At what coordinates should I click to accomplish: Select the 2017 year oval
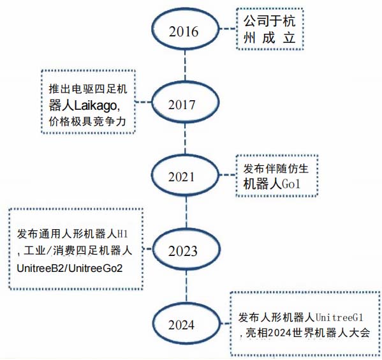point(185,82)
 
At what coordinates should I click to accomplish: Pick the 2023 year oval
point(186,230)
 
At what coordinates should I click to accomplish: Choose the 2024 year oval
point(186,303)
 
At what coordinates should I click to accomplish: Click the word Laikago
point(96,106)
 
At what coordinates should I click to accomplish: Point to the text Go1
point(291,184)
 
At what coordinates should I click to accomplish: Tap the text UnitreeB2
point(40,268)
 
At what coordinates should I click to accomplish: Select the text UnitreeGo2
point(95,268)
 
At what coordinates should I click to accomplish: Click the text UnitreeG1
point(340,318)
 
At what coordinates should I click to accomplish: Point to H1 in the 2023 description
point(122,234)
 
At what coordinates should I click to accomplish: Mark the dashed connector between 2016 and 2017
point(185,66)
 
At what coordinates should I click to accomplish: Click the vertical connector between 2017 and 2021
point(185,139)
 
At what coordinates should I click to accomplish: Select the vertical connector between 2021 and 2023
point(186,212)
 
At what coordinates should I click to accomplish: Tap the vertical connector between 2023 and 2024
point(186,286)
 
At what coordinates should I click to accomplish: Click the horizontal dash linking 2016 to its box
point(228,29)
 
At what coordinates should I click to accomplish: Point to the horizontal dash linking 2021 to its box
point(228,175)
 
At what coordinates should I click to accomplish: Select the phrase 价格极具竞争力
point(87,121)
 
